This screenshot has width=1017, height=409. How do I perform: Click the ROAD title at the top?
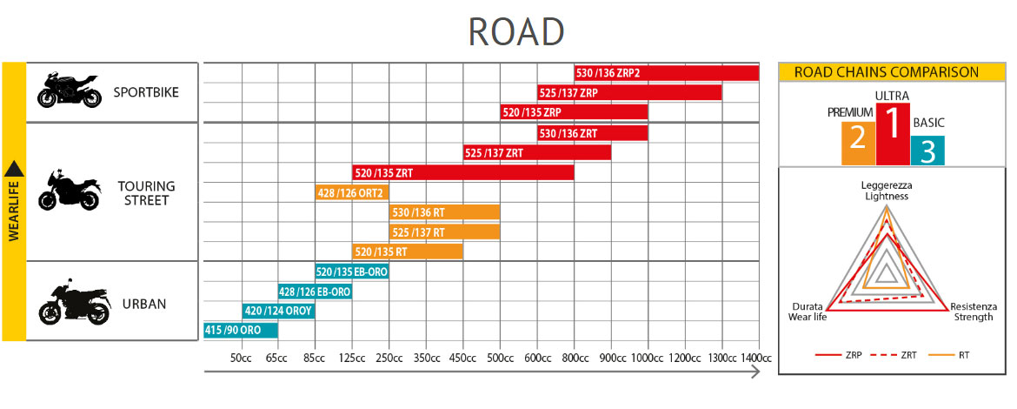pos(516,31)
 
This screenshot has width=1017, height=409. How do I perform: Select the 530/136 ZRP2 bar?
pos(666,72)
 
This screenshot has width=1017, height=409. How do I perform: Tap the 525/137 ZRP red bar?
pos(629,92)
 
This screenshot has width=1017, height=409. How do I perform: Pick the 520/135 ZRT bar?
pos(462,172)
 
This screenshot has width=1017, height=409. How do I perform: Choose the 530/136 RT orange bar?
pos(444,212)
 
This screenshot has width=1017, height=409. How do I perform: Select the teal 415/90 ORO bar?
pos(240,331)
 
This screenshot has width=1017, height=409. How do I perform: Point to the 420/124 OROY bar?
pos(278,311)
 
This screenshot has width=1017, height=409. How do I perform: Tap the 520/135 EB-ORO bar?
pos(352,272)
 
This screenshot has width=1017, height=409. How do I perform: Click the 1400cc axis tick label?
pos(758,359)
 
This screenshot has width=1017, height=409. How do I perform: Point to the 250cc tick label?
pos(389,359)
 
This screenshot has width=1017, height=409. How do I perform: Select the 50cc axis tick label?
pos(241,359)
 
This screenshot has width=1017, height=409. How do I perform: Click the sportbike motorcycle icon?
pos(70,91)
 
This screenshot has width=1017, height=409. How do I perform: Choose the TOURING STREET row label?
pos(146,193)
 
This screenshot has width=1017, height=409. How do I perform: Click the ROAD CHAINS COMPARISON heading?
pos(887,73)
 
